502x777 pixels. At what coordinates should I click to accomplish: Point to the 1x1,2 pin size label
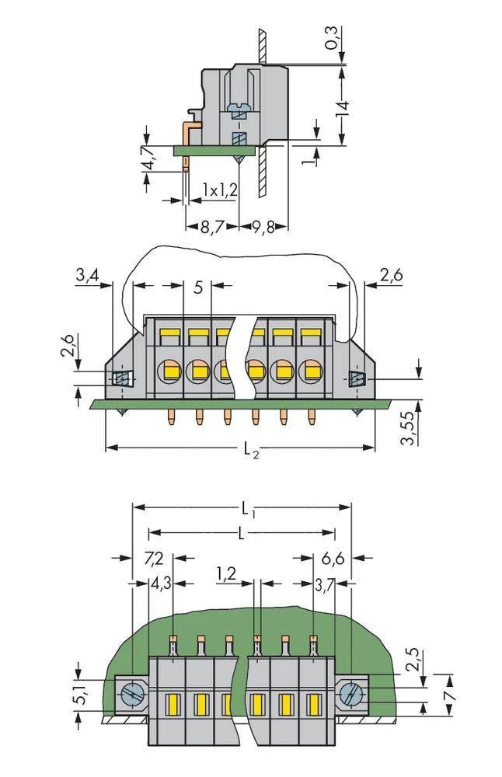[x=220, y=190]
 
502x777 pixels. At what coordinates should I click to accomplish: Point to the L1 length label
[x=246, y=510]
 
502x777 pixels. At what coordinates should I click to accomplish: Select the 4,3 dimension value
[x=160, y=583]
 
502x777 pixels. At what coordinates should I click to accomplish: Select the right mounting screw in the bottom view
[x=352, y=691]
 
